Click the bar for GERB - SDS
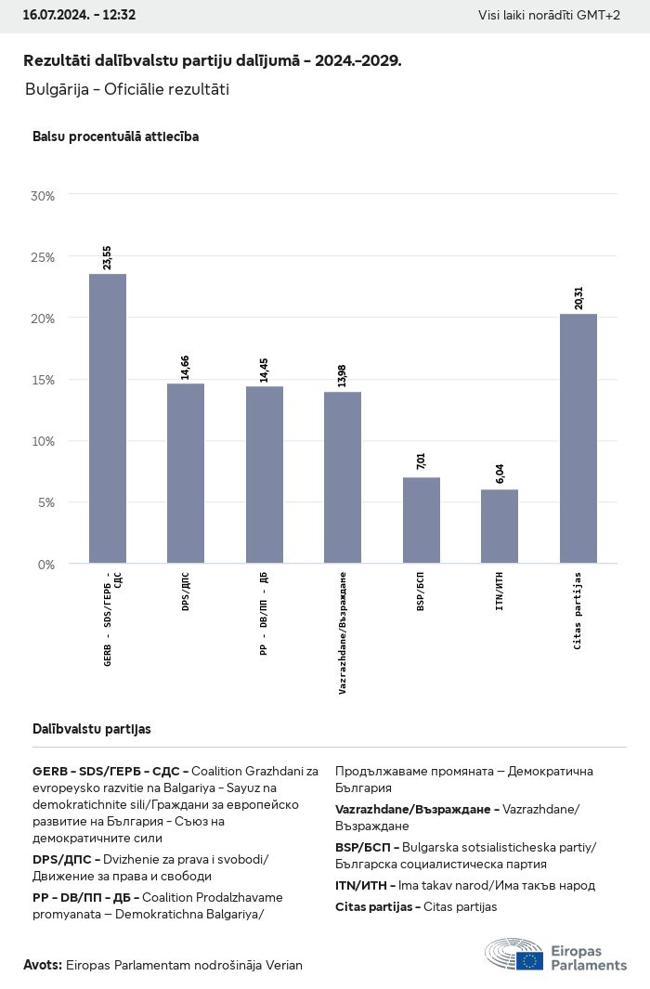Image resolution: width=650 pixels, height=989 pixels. coord(108,418)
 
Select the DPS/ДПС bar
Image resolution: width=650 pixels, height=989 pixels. coord(186,473)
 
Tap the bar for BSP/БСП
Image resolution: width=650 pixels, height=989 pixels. coord(421,520)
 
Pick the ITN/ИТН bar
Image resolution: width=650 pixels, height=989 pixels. coord(500,526)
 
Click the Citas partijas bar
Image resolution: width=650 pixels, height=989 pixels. coord(578,438)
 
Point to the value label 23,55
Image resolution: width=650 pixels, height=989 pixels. coord(108,258)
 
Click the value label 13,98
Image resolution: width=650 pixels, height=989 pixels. coord(343,376)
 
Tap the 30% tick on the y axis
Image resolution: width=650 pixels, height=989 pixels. coord(43,196)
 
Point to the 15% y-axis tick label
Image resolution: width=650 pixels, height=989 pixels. coord(43,380)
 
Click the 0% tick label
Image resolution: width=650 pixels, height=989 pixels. coord(45,564)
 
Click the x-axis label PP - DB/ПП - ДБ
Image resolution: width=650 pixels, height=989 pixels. coord(264,615)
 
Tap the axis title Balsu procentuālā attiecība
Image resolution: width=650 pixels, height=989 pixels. coord(115,137)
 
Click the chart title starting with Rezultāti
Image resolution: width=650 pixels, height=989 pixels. coord(213,60)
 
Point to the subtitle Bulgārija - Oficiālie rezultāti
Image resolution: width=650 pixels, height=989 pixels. coord(127,90)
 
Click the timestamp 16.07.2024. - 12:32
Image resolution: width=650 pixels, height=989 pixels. coord(79,15)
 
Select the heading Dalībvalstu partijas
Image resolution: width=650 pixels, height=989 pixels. coord(92,729)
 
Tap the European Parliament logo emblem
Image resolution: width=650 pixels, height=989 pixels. coord(514,956)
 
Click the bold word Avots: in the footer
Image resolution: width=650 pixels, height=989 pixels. coord(43,965)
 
